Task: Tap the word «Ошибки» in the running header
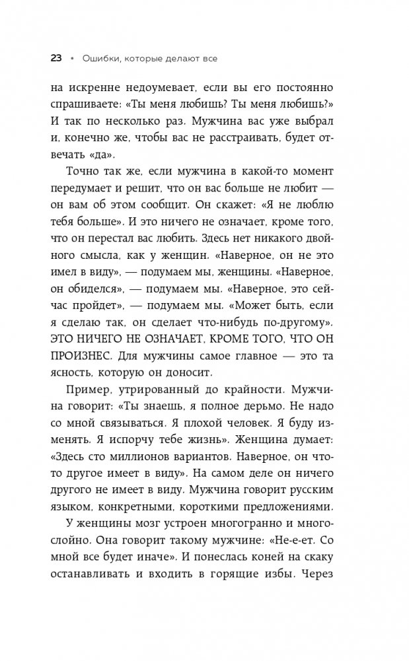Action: pyautogui.click(x=99, y=58)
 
